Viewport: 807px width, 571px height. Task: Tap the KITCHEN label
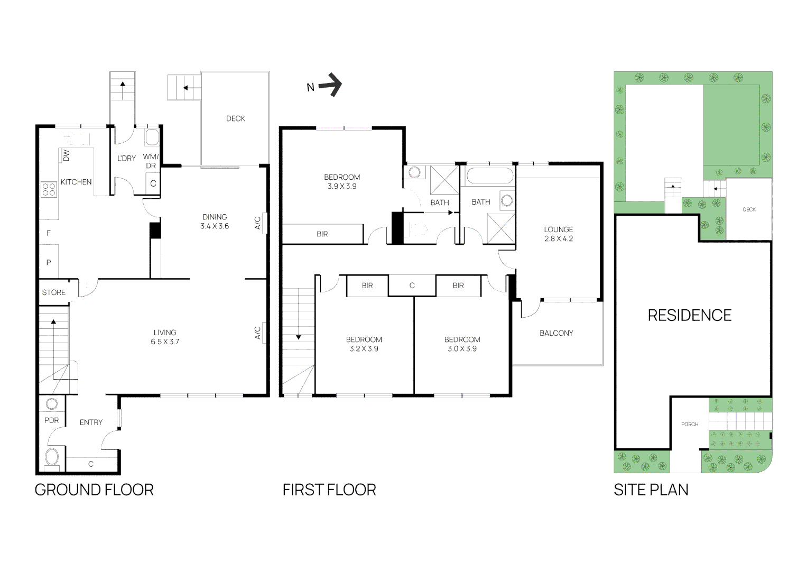(x=76, y=182)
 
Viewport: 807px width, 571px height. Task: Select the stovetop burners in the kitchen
(x=49, y=189)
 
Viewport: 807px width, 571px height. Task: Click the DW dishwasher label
(x=66, y=155)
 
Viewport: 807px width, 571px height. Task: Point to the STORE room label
(x=54, y=292)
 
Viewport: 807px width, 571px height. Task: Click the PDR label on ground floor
(x=51, y=420)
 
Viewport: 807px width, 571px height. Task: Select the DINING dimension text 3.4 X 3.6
(x=215, y=226)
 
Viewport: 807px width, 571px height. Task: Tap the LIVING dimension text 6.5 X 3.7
(x=165, y=342)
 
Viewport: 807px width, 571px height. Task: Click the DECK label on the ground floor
(x=236, y=118)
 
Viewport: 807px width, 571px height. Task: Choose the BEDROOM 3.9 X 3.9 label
(x=342, y=181)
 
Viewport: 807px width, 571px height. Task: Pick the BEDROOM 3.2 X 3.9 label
(x=364, y=344)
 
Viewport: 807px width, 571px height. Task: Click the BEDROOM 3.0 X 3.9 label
(x=462, y=344)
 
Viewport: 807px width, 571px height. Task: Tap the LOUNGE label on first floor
(x=559, y=229)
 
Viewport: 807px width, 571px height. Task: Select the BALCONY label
(x=556, y=333)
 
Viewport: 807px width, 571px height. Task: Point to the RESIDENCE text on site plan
(x=690, y=316)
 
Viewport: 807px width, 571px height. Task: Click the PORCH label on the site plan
(x=690, y=424)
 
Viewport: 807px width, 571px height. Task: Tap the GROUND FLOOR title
(x=94, y=490)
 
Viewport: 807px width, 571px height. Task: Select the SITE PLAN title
(x=651, y=490)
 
